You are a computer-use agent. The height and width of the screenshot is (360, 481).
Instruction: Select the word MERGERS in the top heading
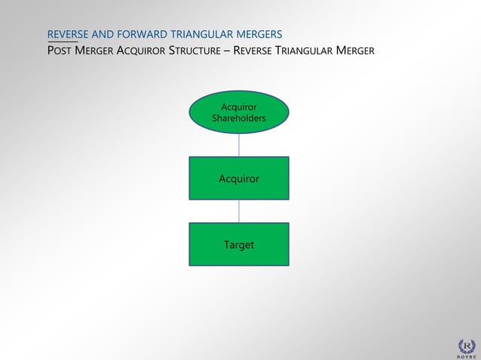coord(257,35)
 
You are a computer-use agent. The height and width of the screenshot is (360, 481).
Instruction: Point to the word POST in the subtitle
coord(60,51)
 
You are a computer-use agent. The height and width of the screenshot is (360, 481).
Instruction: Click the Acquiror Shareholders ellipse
coord(238,112)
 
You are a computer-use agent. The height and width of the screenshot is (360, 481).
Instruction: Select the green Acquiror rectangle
coord(238,178)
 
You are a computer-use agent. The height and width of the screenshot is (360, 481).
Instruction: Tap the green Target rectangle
coord(238,245)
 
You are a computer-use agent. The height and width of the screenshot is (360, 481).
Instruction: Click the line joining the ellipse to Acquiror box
coord(239,145)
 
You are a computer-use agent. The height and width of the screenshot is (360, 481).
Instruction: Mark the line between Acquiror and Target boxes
coord(239,211)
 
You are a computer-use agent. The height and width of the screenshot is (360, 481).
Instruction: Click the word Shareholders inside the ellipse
coord(238,118)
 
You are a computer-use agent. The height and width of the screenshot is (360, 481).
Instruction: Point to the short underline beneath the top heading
coord(62,42)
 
